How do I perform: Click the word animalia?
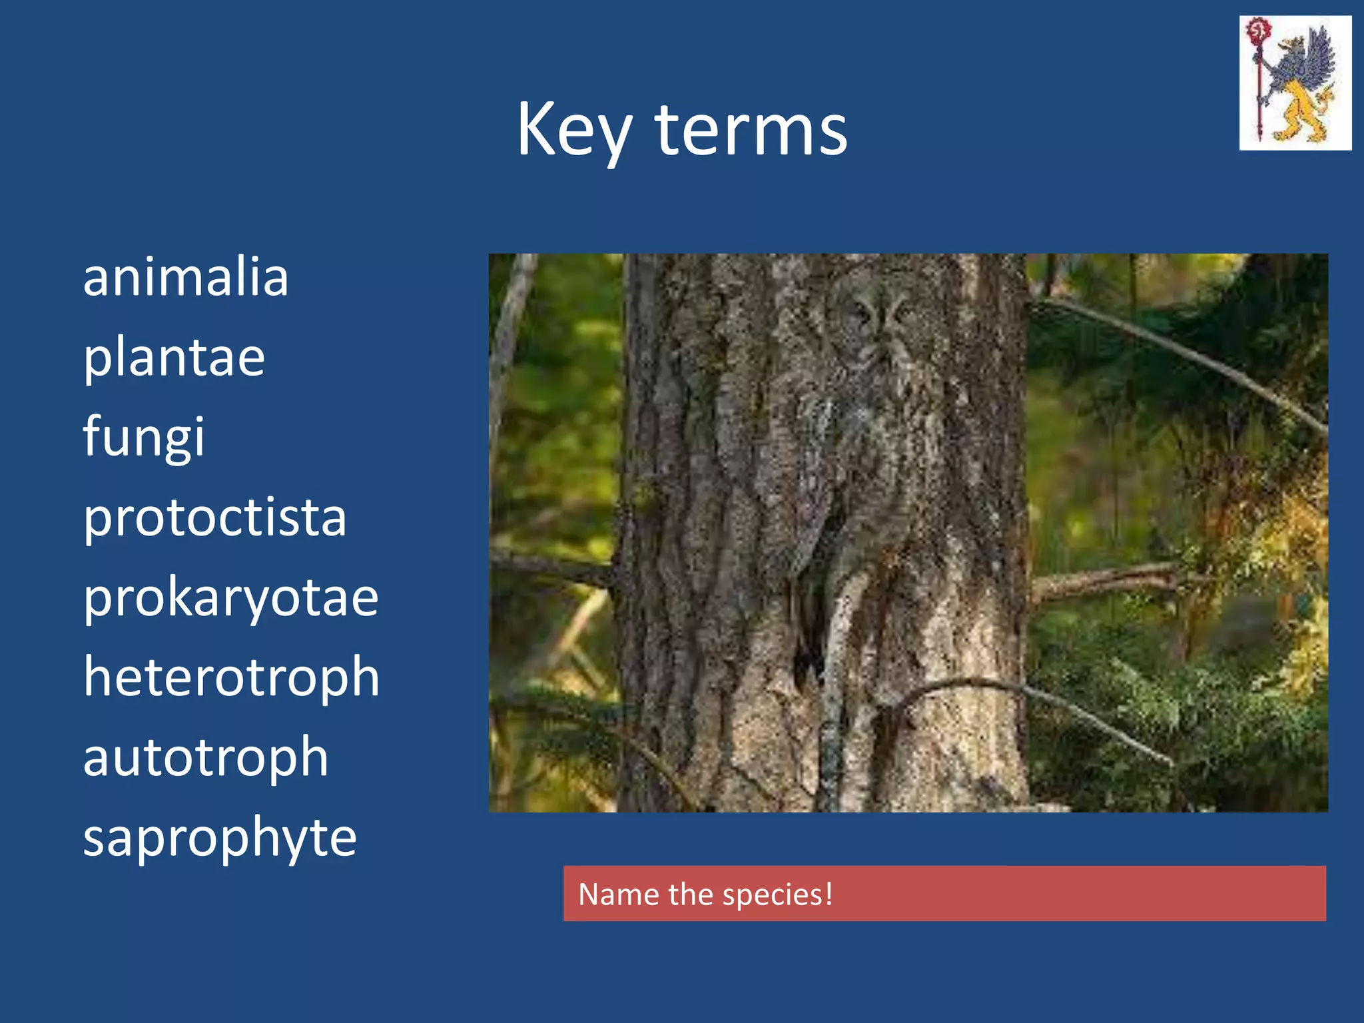tap(186, 277)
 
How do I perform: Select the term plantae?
tap(174, 358)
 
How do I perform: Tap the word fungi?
tap(144, 436)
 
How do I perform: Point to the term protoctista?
tap(214, 517)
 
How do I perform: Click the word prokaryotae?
tap(230, 597)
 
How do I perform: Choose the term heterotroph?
tap(231, 677)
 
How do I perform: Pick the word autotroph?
tap(206, 757)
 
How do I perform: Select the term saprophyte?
tap(220, 837)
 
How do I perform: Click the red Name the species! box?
tap(944, 893)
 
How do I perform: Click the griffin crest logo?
tap(1295, 83)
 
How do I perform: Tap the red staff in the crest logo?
tap(1258, 80)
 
